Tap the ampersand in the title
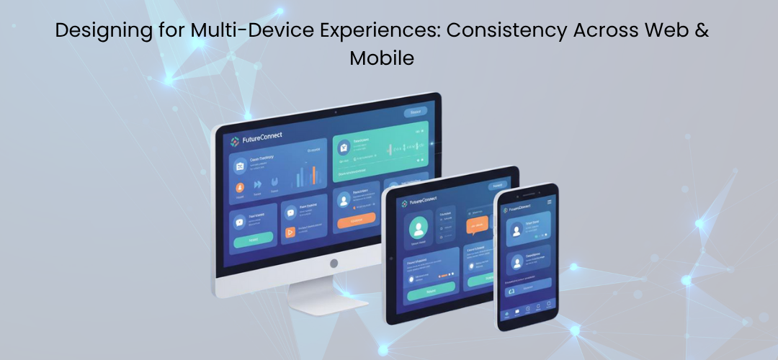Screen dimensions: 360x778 [x=702, y=31]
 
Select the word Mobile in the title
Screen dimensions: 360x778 [x=382, y=58]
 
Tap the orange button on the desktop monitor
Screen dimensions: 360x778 [x=356, y=220]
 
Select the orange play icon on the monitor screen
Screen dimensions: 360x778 [x=291, y=232]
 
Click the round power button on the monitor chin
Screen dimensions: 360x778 [x=334, y=264]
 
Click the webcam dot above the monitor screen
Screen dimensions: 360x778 [x=335, y=113]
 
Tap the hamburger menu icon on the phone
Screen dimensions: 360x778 [x=550, y=202]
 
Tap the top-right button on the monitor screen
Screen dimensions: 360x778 [x=415, y=112]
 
